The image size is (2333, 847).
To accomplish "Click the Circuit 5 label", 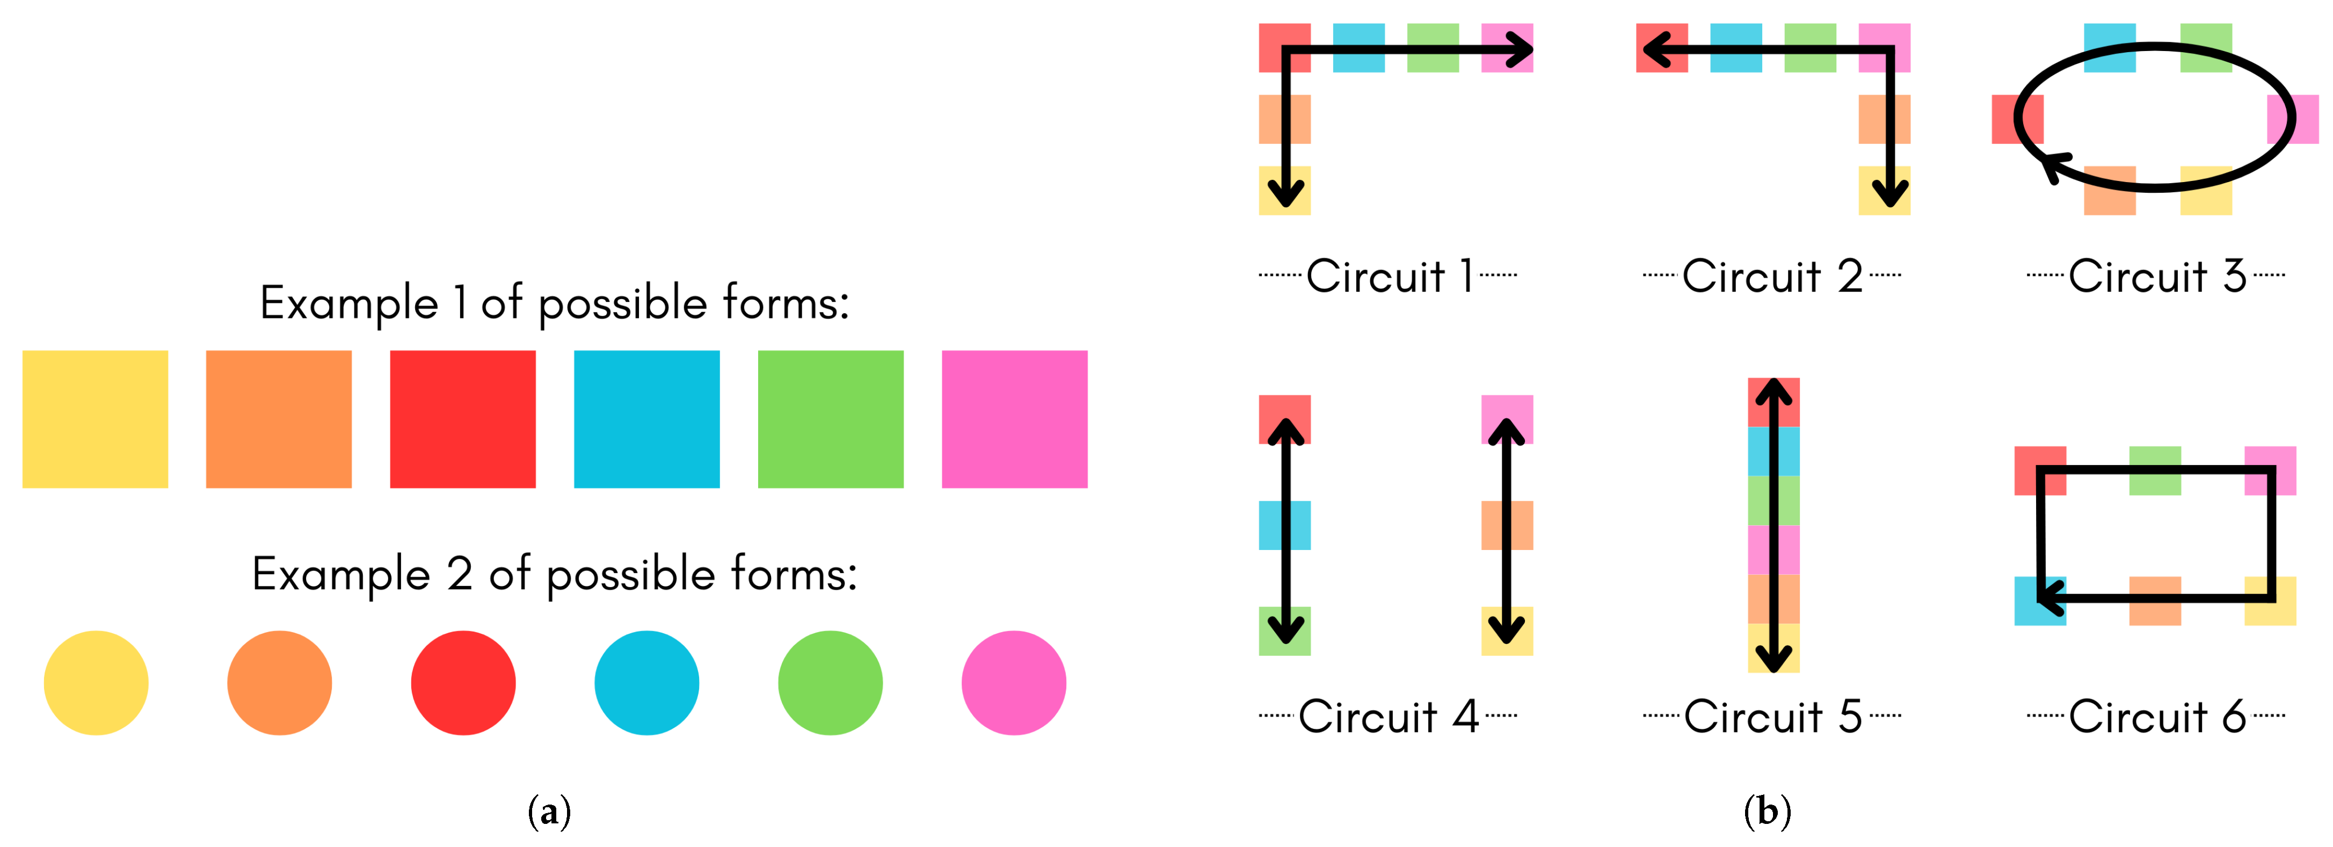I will pyautogui.click(x=1772, y=716).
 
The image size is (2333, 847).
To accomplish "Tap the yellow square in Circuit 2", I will pyautogui.click(x=1884, y=190).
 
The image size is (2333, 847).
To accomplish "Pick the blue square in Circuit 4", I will pyautogui.click(x=1284, y=525).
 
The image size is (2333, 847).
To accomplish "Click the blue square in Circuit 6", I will pyautogui.click(x=2040, y=600).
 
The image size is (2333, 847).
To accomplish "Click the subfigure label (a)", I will pyautogui.click(x=549, y=811).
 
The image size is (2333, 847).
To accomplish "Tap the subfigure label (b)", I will pyautogui.click(x=1767, y=811).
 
